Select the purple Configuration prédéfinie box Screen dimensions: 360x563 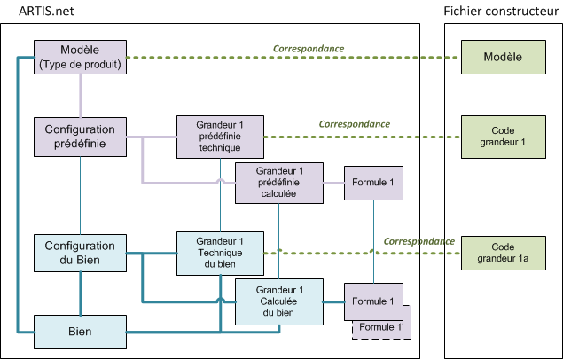[81, 137]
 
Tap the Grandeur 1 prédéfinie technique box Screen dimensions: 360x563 [220, 137]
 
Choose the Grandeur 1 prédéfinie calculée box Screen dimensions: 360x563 [279, 183]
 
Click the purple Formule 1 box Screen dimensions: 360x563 [373, 183]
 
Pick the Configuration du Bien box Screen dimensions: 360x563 [81, 252]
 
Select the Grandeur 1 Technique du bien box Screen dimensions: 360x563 [220, 252]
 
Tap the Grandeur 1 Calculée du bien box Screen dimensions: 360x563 [279, 301]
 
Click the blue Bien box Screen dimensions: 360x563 [81, 331]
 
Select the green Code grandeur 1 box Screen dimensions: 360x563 [502, 137]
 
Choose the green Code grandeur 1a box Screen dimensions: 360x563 [502, 252]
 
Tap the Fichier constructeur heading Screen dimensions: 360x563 [502, 11]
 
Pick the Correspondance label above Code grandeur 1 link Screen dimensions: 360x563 [355, 124]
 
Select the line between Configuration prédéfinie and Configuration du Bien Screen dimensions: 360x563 [81, 195]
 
